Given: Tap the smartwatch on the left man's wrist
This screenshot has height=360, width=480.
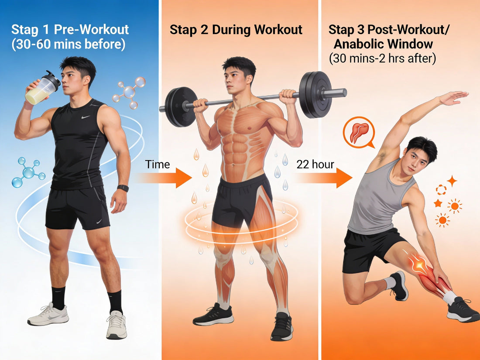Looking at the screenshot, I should click(123, 188).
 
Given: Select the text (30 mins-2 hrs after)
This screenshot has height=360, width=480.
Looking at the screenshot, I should click(382, 58).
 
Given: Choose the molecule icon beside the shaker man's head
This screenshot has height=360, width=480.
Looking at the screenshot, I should click(129, 92).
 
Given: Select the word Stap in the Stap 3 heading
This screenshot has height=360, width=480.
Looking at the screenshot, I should click(341, 30).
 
